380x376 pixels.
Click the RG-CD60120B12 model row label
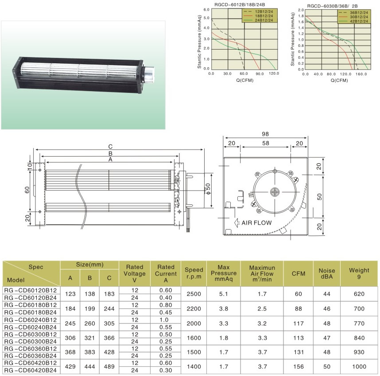click(x=30, y=290)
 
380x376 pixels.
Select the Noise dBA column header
click(x=327, y=273)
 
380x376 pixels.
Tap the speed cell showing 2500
click(x=194, y=294)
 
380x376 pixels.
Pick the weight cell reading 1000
click(x=359, y=367)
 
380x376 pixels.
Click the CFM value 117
click(x=299, y=323)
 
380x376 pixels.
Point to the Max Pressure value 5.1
click(x=224, y=294)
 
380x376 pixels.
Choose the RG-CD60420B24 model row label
click(x=30, y=370)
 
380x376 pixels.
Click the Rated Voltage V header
click(x=135, y=273)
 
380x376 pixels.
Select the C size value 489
click(x=109, y=367)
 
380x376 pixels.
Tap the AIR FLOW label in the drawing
click(x=256, y=223)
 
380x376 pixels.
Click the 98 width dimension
click(x=265, y=134)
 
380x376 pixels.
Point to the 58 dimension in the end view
click(x=266, y=143)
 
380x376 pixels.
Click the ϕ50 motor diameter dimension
click(x=208, y=189)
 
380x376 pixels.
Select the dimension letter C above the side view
click(x=110, y=146)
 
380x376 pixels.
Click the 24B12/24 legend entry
click(x=264, y=20)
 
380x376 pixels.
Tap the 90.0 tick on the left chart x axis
click(x=259, y=73)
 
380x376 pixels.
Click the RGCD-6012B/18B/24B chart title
click(x=240, y=4)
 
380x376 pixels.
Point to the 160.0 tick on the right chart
click(x=361, y=74)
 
